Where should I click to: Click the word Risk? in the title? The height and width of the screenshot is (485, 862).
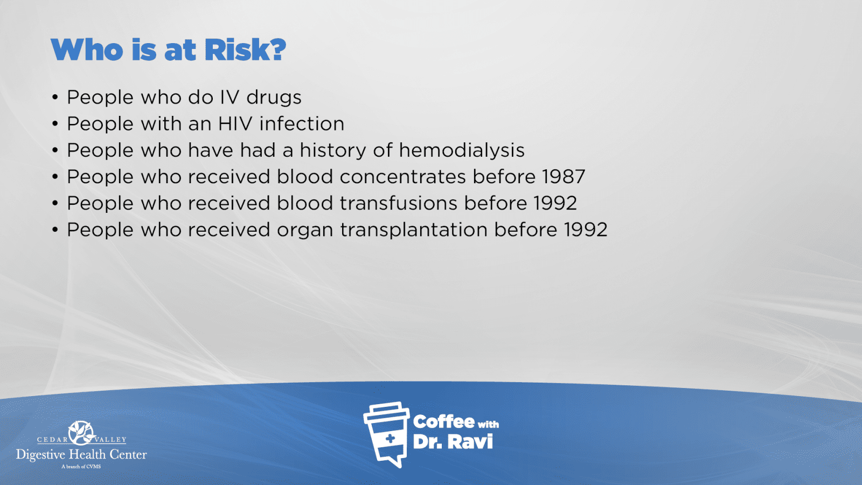[x=245, y=50]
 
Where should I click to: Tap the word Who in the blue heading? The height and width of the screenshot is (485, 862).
[x=87, y=50]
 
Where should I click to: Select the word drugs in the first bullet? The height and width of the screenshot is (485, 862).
[x=274, y=98]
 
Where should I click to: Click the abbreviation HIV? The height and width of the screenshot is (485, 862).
[x=235, y=123]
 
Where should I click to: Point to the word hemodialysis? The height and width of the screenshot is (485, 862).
[x=461, y=150]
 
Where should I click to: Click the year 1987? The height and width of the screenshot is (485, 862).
[x=564, y=177]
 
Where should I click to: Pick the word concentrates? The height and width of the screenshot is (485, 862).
[x=402, y=177]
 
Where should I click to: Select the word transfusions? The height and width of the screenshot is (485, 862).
[x=399, y=203]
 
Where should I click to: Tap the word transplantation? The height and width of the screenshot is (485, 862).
[x=414, y=230]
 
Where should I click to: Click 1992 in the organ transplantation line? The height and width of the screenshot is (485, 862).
[x=586, y=230]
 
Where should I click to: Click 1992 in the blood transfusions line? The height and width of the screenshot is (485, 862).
[x=555, y=203]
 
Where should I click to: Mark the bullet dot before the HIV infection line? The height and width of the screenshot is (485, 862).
[x=55, y=124]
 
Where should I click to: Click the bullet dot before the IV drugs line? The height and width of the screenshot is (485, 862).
[x=55, y=98]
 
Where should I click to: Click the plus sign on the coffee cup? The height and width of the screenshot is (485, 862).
[x=390, y=439]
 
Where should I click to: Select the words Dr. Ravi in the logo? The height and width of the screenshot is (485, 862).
[x=453, y=442]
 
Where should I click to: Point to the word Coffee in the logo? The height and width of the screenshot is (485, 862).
[x=443, y=422]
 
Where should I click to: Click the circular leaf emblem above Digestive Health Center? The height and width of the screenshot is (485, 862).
[x=81, y=433]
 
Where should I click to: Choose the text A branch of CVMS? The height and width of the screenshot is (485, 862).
[x=81, y=467]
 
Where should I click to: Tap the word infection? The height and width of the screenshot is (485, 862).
[x=302, y=123]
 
